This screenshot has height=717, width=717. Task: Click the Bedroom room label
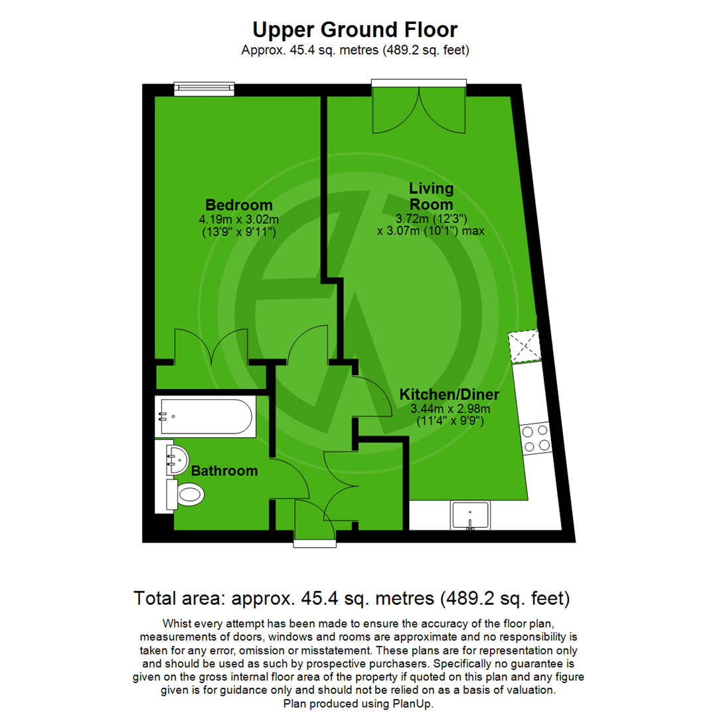tap(238, 204)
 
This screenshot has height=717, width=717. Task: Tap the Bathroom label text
tap(224, 471)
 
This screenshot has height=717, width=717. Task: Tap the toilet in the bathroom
tap(188, 493)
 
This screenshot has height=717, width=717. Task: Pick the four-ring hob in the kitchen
tap(536, 438)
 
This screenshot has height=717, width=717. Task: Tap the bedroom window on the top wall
tap(204, 88)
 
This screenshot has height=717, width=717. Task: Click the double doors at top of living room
tap(418, 110)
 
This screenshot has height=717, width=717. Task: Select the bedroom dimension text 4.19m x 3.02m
tap(238, 219)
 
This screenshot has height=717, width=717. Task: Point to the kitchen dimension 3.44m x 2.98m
tap(449, 408)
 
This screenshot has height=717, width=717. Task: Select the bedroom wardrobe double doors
tap(210, 347)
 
